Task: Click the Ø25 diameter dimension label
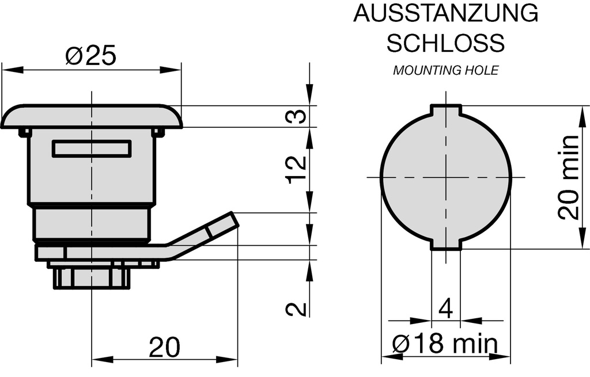[x=91, y=56]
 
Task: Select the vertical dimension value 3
[x=296, y=117]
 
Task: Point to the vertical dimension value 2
[x=296, y=309]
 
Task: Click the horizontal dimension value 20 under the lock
[x=164, y=347]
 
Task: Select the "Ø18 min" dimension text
[x=445, y=344]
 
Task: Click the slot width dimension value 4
[x=445, y=309]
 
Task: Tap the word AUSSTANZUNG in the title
[x=445, y=13]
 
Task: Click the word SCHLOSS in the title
[x=445, y=43]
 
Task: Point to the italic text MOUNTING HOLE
[x=445, y=71]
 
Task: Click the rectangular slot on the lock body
[x=92, y=148]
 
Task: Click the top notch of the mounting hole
[x=447, y=109]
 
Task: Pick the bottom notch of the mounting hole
[x=447, y=246]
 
